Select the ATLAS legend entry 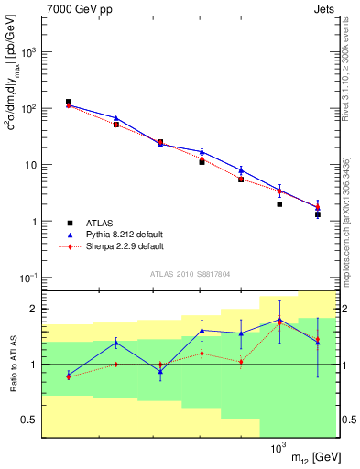[x=95, y=223]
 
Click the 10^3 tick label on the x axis [x=278, y=450]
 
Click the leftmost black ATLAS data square [x=69, y=102]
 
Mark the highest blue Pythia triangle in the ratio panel [x=278, y=320]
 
